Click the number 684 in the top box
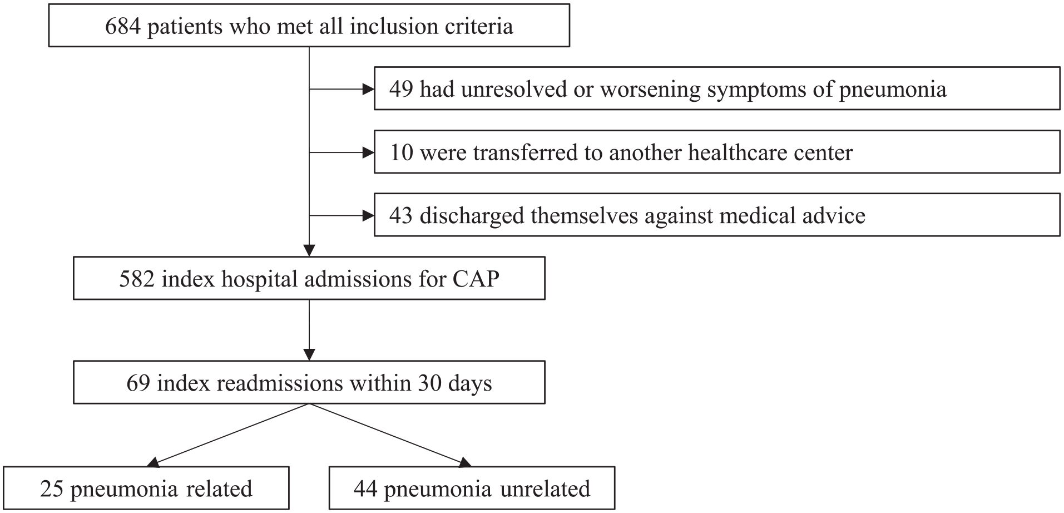click(123, 26)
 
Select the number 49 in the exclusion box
click(401, 89)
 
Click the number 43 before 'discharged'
click(401, 215)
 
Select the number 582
click(137, 279)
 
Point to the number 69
click(138, 383)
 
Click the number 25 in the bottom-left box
click(52, 489)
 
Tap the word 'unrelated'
click(545, 489)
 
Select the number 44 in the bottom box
click(365, 489)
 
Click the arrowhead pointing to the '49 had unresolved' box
click(368, 89)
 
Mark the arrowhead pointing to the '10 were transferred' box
click(368, 152)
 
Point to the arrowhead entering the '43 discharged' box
click(368, 215)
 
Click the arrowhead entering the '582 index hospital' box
click(309, 250)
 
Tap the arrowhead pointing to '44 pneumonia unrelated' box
click(466, 462)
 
